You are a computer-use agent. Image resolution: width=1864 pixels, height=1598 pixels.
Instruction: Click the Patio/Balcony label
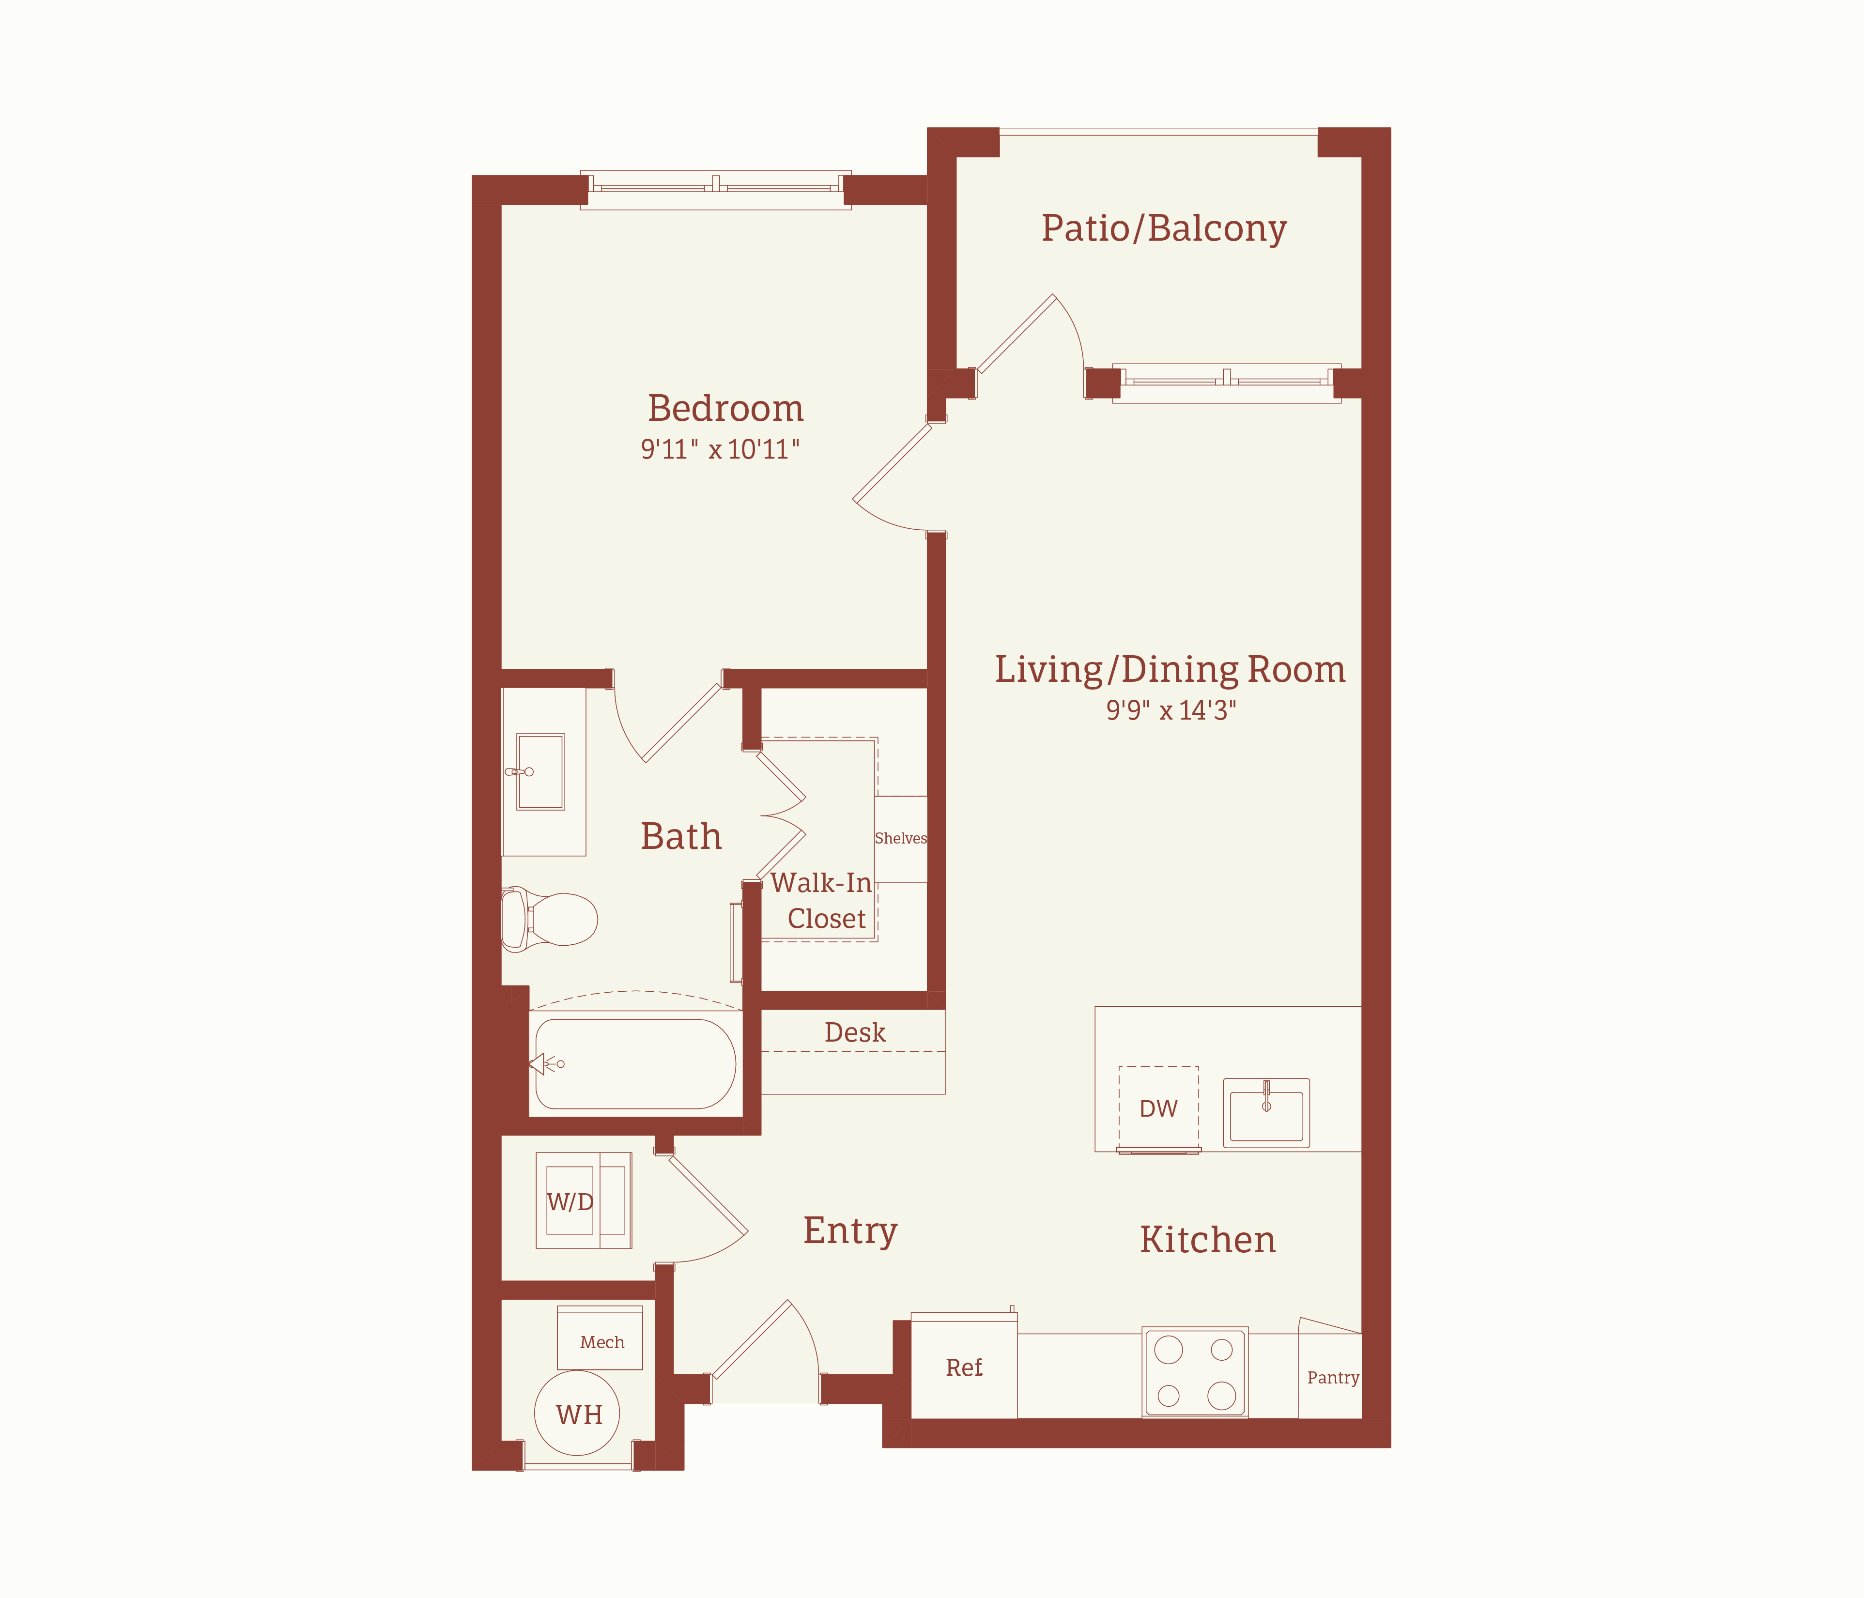coord(1164,229)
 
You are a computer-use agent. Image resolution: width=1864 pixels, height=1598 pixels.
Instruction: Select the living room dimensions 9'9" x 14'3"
coord(1171,710)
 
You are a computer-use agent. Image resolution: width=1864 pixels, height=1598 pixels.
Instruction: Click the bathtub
coord(635,1063)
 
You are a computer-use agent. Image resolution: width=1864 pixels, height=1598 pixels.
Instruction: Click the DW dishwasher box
coord(1159,1108)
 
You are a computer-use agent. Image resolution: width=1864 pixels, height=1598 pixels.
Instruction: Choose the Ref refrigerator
coord(964,1366)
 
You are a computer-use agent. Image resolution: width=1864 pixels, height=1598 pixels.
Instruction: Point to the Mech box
coord(600,1338)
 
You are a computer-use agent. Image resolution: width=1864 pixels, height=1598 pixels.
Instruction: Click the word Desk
coord(855,1032)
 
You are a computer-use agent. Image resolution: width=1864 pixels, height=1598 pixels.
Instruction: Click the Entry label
coord(850,1231)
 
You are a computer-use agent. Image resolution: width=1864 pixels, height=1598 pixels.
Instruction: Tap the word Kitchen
coord(1207,1240)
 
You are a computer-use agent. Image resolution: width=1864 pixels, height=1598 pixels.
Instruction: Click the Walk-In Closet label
coord(821,901)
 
